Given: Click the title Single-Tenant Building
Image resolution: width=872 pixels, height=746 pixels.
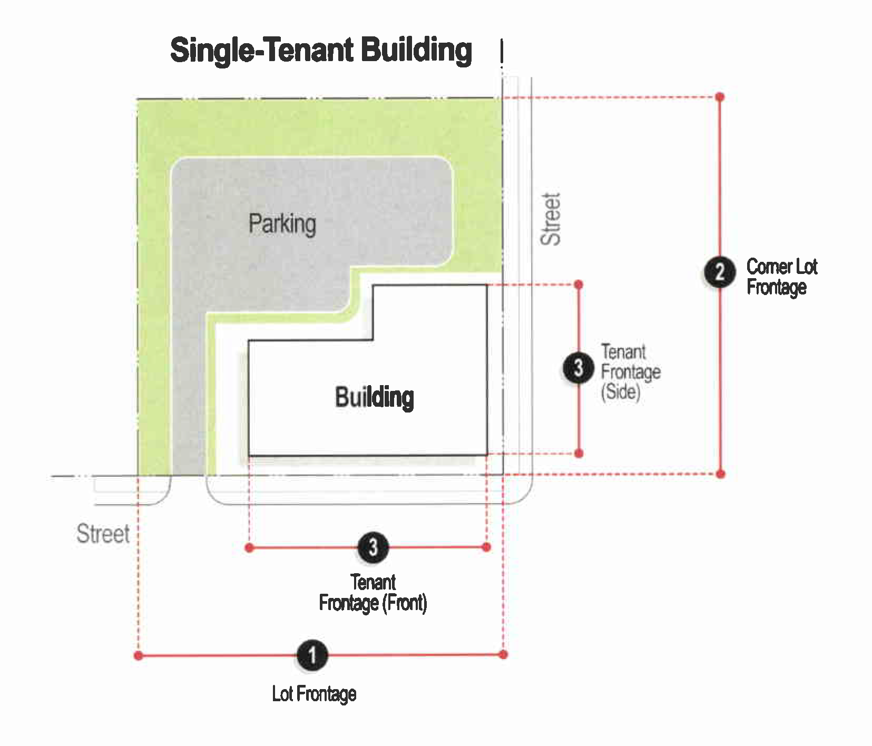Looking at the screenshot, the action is pos(321,51).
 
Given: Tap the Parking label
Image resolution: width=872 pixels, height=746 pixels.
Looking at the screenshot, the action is pos(282,224).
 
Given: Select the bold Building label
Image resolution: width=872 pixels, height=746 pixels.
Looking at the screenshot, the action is pos(375,397).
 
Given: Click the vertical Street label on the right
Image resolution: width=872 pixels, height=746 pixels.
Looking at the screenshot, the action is pos(551,219).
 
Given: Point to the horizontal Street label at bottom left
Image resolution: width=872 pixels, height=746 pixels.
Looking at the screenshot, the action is pos(103,534).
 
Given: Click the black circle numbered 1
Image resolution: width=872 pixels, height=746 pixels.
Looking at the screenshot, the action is pos(312,655).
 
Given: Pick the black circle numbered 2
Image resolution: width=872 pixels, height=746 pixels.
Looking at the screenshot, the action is pos(720,272).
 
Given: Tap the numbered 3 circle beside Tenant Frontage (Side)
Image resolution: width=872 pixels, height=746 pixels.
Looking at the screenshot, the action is pos(579,368).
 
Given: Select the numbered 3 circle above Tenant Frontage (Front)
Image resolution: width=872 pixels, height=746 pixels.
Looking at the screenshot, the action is pos(373,547).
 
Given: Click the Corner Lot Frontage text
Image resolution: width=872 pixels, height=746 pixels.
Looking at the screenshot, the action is pos(782,277).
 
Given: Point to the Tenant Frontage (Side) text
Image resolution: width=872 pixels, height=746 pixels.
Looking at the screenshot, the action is pos(631,372).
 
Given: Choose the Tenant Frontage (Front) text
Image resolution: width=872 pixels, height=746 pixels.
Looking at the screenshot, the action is pos(373,593).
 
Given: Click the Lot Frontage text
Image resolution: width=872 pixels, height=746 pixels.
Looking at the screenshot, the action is pos(314,694).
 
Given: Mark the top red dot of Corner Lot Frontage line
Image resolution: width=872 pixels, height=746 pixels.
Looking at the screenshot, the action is pos(720,97).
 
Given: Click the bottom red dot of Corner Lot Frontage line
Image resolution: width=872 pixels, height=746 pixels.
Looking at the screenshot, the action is pos(721,474).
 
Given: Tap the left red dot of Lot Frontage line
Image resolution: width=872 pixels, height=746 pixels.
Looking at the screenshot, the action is pos(139,656).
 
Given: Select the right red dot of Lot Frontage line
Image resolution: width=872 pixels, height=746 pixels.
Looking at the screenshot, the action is pos(503,654).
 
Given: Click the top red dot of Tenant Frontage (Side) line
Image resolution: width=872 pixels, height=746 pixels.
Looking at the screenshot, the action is pos(579,284).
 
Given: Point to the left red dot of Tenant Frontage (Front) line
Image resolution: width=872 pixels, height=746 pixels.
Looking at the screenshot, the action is pos(250,548).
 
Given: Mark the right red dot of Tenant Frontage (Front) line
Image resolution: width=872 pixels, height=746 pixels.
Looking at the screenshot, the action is pos(486,547).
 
